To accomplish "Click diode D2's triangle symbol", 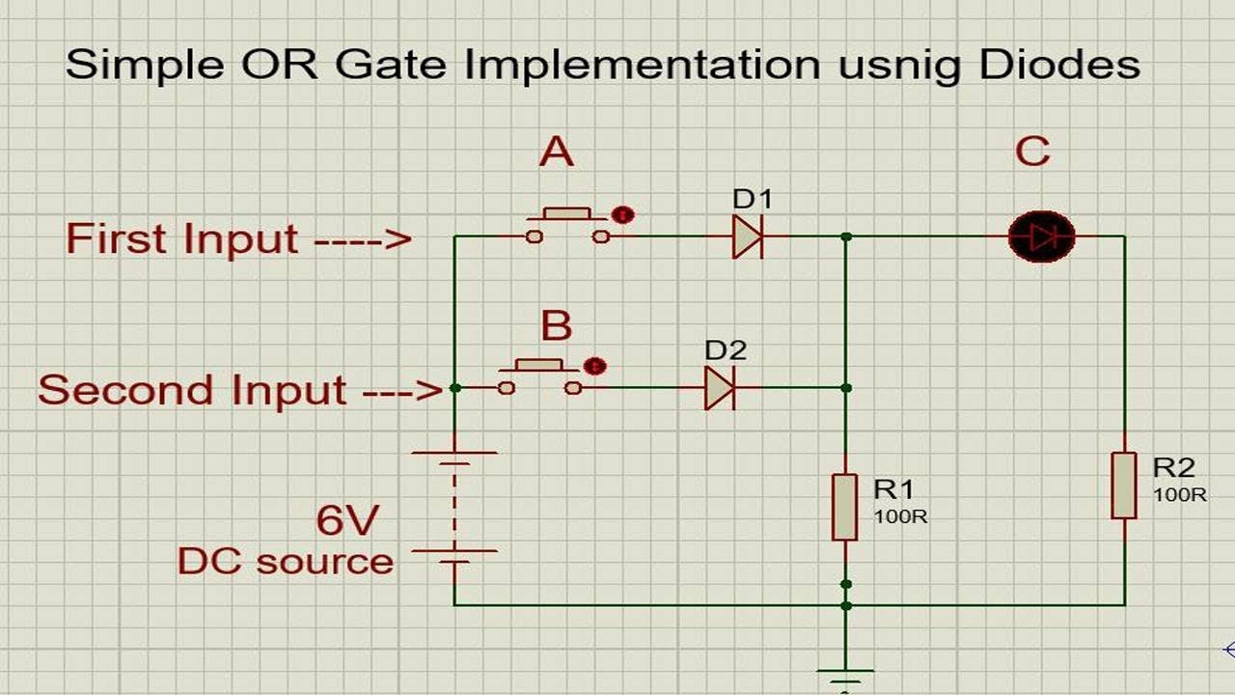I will coord(719,388).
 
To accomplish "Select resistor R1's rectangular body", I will coord(844,507).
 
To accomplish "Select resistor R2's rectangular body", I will coord(1124,485).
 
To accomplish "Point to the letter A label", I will coord(557,152).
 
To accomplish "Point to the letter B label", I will coord(557,326).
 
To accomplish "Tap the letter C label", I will coord(1032,153).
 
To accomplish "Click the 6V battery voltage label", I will coord(346,521).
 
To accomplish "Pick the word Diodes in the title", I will coord(1058,65).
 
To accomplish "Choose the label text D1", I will coord(753,200).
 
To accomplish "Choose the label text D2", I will coord(726,350).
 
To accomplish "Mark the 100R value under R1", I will coord(900,516).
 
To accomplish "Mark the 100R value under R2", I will coord(1179,495).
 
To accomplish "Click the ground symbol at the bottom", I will coord(845,676).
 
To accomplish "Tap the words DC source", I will coord(286,562).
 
